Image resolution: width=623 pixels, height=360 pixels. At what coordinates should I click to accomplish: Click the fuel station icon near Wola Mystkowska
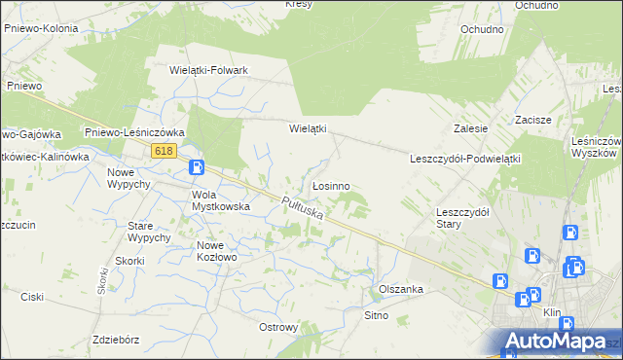[x=196, y=167]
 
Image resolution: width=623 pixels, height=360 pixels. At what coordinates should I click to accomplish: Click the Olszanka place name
[x=400, y=289]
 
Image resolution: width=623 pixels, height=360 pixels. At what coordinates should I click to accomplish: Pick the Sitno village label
[x=376, y=315]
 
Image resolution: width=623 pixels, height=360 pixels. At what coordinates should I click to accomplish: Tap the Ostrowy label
[x=278, y=327]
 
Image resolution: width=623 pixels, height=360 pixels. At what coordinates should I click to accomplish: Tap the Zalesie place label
[x=470, y=128]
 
